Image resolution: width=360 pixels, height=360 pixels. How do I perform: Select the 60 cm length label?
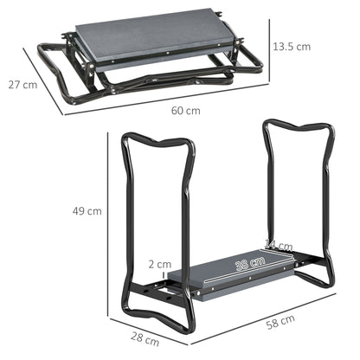[185, 111]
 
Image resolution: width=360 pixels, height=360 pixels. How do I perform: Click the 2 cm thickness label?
[158, 264]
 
